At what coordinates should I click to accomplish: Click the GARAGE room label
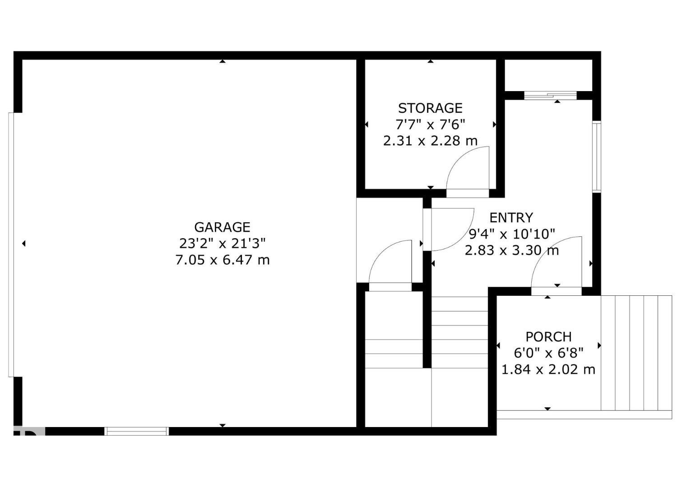tap(222, 227)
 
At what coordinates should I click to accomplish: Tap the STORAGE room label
tap(430, 108)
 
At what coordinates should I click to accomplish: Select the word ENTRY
tap(511, 218)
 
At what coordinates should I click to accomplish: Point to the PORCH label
tap(548, 337)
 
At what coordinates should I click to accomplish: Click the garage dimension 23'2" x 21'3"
tap(222, 243)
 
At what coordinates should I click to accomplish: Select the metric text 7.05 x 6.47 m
tap(222, 260)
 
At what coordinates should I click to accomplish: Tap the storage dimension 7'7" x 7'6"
tap(430, 124)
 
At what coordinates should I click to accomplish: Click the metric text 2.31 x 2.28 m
tap(430, 141)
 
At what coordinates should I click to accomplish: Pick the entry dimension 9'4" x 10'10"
tap(511, 234)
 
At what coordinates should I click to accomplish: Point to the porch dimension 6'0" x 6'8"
tap(548, 353)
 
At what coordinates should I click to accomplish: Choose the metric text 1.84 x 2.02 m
tap(548, 370)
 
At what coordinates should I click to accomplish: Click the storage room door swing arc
tap(465, 167)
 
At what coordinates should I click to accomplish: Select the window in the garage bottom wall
tap(136, 431)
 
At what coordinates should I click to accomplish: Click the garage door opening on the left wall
tap(12, 244)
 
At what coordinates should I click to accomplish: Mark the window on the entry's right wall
tap(597, 156)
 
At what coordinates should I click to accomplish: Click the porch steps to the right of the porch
tap(636, 353)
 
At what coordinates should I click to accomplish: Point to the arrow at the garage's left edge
tap(23, 243)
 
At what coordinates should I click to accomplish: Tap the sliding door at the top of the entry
tap(550, 95)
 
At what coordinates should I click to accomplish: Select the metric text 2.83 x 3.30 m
tap(511, 250)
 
